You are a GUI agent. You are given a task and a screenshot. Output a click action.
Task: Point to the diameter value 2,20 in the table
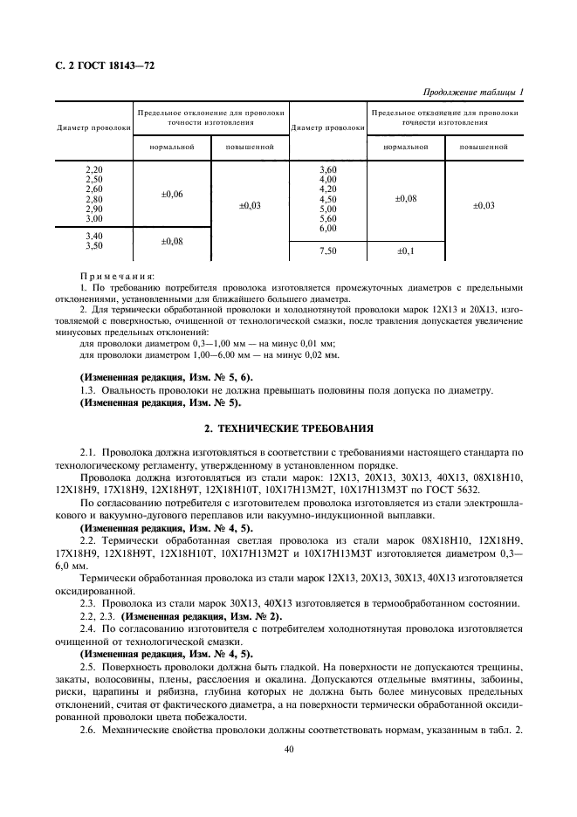click(x=94, y=168)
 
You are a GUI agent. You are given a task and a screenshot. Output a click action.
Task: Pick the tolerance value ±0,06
click(x=172, y=194)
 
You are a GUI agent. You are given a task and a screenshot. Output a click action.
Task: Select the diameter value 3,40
click(x=94, y=237)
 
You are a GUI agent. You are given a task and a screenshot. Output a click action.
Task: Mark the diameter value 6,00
click(x=327, y=229)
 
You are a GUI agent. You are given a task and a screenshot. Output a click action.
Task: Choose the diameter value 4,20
click(x=327, y=189)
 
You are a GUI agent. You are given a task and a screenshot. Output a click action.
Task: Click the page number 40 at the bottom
click(x=288, y=748)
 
